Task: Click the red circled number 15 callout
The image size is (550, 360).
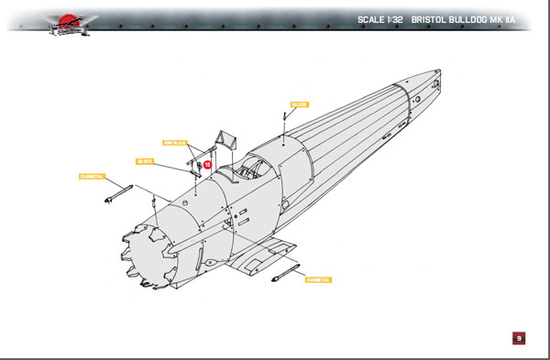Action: click(x=208, y=165)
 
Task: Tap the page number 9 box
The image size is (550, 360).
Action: click(x=519, y=338)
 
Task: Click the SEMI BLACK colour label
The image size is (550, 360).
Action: click(x=175, y=143)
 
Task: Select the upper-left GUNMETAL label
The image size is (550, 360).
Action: click(x=93, y=176)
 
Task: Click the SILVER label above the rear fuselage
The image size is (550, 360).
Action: click(x=300, y=104)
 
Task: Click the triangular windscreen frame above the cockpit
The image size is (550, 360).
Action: click(x=225, y=142)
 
